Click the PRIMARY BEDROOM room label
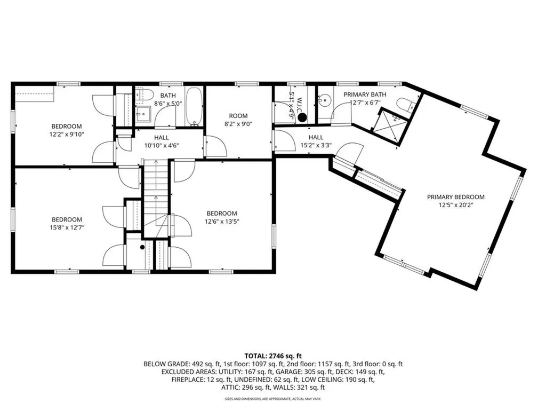pyautogui.click(x=455, y=196)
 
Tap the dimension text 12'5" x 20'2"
pyautogui.click(x=455, y=204)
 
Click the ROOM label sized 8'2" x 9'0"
pyautogui.click(x=238, y=116)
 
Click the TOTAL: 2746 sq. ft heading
pyautogui.click(x=273, y=355)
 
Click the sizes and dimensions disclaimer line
pyautogui.click(x=273, y=399)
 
